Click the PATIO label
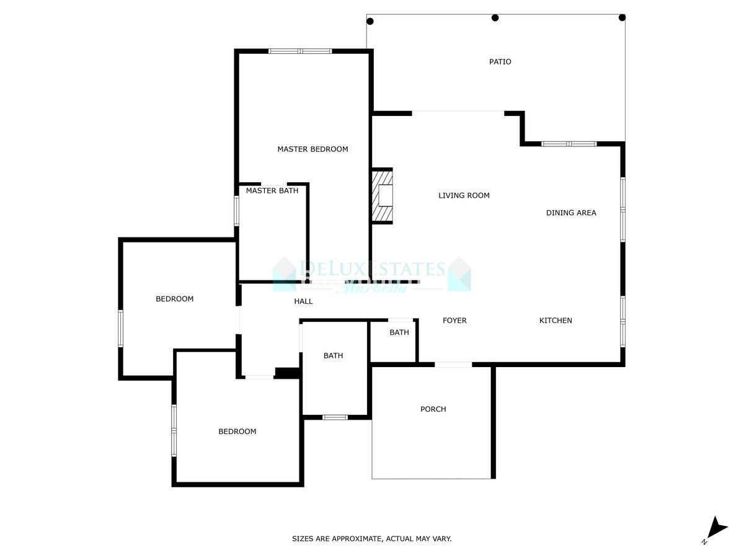click(500, 62)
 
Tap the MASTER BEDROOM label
click(312, 149)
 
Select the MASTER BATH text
click(272, 191)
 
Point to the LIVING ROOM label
click(464, 196)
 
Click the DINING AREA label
click(571, 213)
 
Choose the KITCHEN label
click(556, 321)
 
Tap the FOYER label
click(454, 321)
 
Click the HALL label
click(303, 301)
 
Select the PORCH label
click(433, 409)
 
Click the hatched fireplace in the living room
click(383, 196)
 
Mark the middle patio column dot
click(495, 17)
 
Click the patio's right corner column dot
click(622, 17)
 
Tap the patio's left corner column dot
click(370, 21)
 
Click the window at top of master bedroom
click(300, 51)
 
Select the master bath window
click(236, 211)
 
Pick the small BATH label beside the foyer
click(399, 333)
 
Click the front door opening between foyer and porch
click(453, 365)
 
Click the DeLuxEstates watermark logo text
click(372, 269)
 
